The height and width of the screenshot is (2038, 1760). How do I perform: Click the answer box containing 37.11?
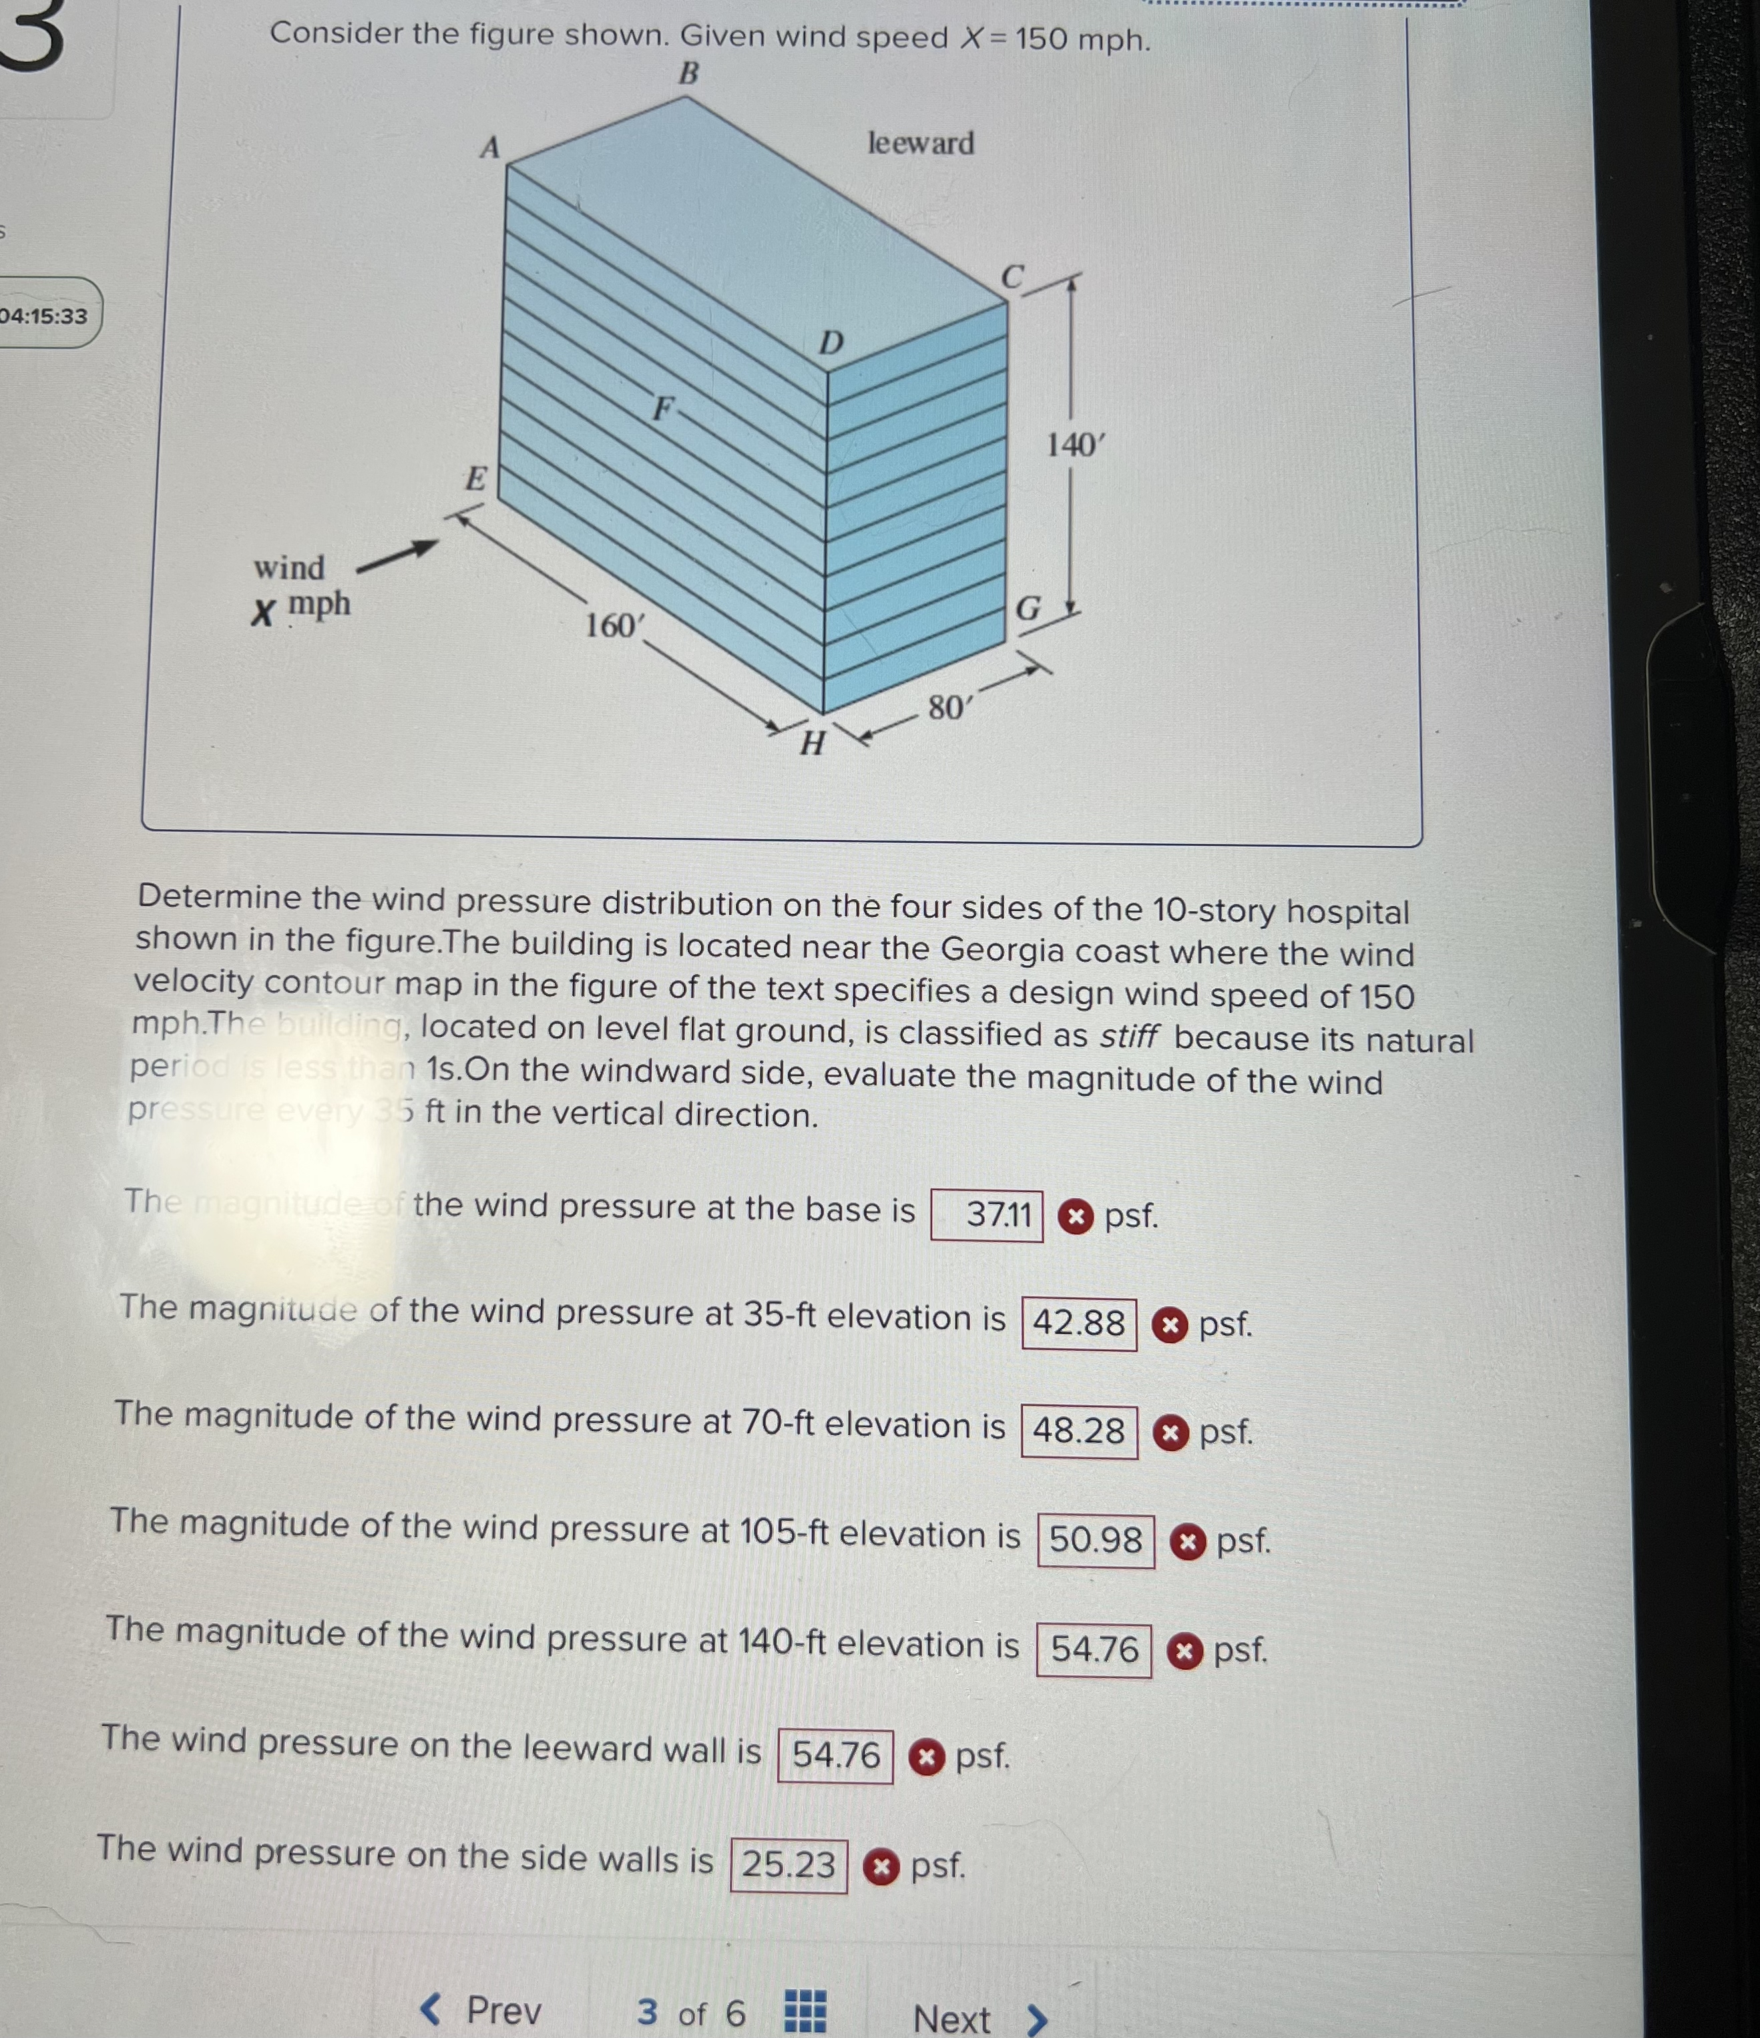987,1215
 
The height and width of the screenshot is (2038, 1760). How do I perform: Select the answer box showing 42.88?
1079,1323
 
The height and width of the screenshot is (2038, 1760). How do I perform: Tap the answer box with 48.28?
1079,1431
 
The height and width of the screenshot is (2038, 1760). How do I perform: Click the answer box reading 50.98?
1096,1539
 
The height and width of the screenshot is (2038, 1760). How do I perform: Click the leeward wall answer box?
835,1756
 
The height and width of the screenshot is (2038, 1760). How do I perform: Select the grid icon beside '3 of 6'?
805,2011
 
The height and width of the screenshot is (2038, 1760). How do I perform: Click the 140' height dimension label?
1075,445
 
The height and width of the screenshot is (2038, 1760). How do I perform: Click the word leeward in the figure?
920,144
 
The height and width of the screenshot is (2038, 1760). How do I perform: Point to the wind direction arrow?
397,557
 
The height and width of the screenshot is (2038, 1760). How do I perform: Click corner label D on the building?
831,343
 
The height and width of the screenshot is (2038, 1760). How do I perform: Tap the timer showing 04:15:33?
44,316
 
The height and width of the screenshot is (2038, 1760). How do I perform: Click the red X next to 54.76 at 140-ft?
1184,1649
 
